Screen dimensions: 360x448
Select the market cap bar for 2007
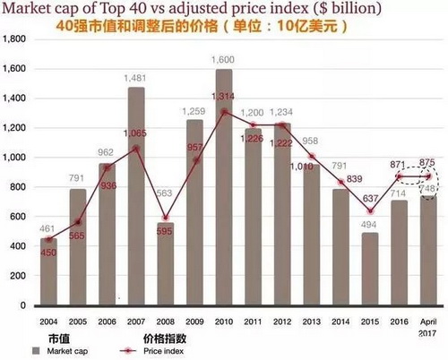(x=136, y=197)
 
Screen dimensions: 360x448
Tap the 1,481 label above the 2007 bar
(x=136, y=78)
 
